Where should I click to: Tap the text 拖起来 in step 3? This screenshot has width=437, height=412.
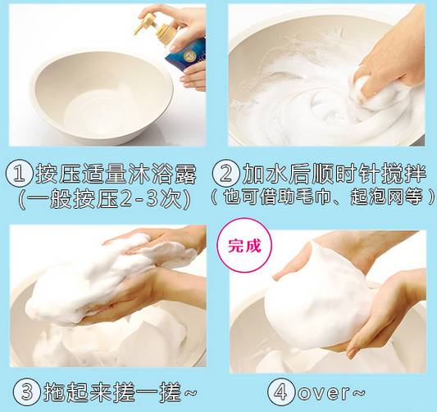[75, 389]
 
